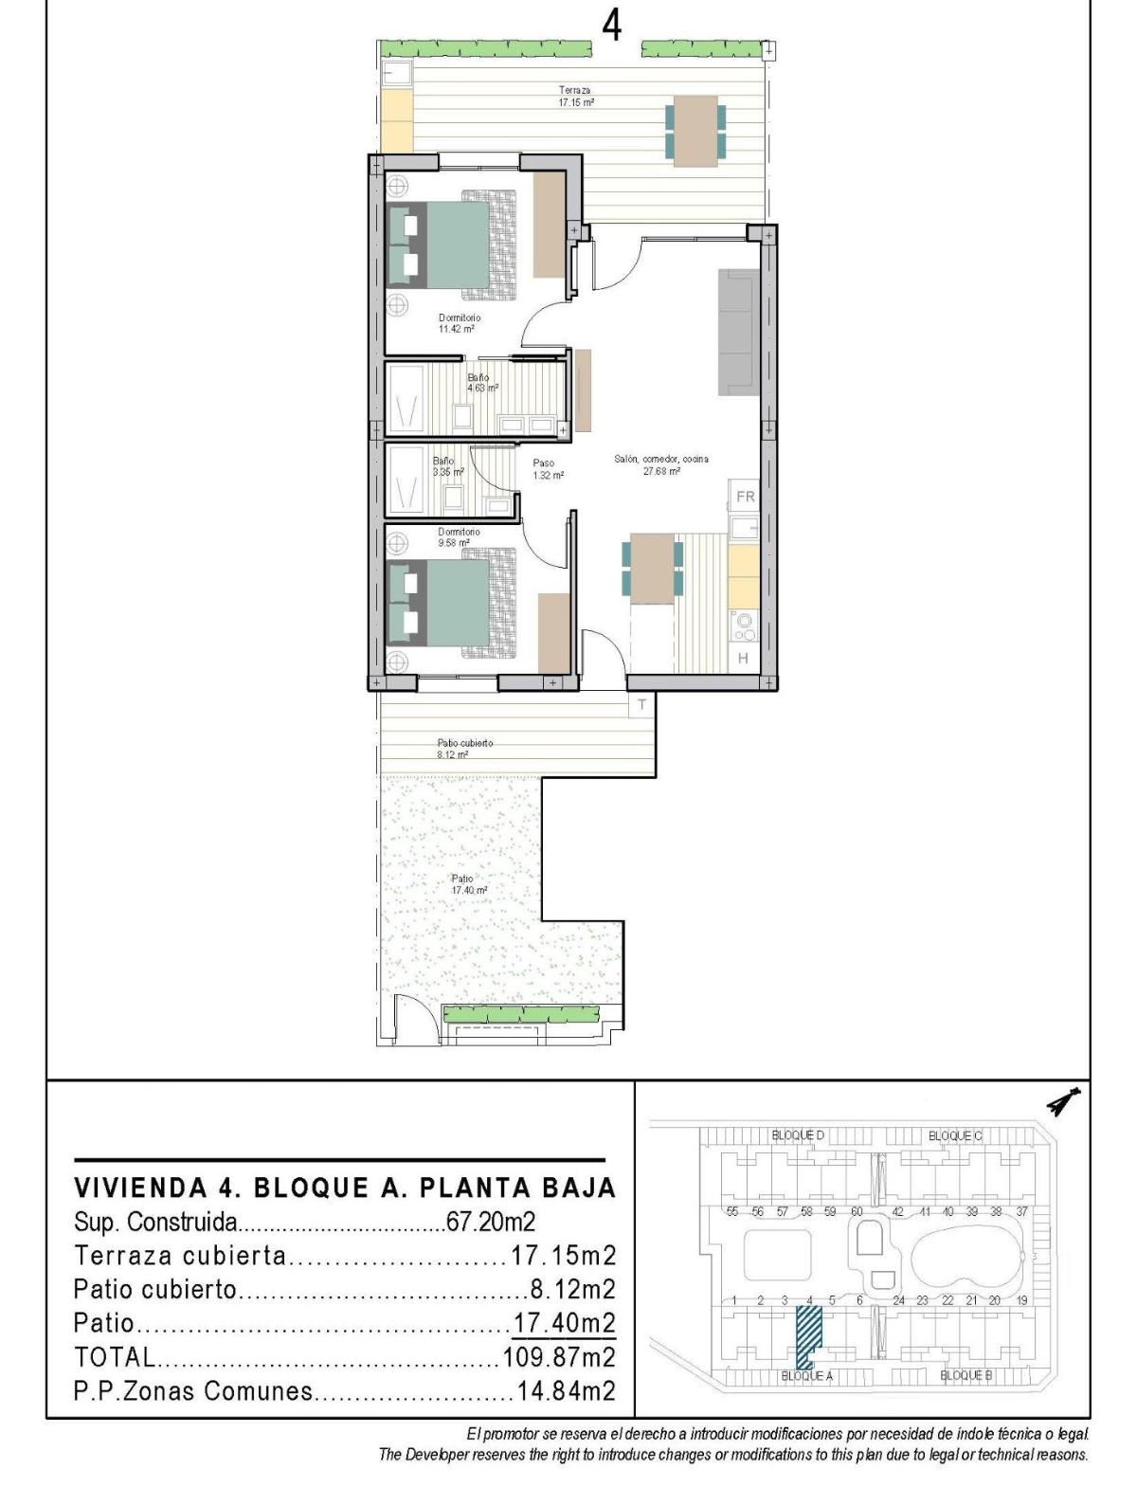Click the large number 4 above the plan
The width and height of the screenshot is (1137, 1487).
[x=612, y=26]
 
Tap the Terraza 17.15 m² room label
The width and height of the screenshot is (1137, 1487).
[x=575, y=96]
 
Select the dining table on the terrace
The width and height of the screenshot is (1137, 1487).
[x=695, y=131]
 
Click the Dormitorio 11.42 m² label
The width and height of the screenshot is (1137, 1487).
[x=459, y=323]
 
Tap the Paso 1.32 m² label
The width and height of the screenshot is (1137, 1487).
[x=548, y=469]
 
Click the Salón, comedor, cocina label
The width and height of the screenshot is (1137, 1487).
[x=660, y=464]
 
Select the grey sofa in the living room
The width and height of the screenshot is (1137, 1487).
[x=739, y=332]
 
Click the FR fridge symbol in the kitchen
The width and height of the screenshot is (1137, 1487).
[x=746, y=497]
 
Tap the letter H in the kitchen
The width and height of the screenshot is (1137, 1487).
[x=744, y=658]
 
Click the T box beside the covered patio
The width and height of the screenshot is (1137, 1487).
[x=641, y=704]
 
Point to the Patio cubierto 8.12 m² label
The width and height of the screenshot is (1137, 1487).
[x=463, y=749]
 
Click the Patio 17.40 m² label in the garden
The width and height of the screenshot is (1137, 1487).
[x=468, y=884]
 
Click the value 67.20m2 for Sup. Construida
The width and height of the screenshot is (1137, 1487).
[x=491, y=1222]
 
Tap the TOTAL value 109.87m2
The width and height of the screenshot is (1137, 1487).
[x=559, y=1356]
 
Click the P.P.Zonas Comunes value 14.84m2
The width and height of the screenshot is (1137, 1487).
[x=566, y=1390]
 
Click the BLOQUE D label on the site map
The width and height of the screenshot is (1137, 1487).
[x=798, y=1134]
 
